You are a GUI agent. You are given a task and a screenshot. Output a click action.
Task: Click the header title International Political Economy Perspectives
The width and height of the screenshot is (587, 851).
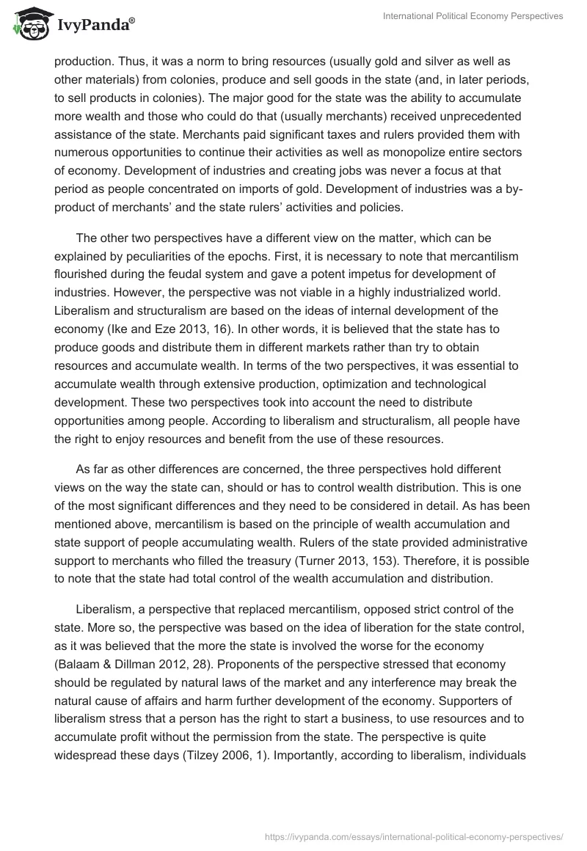473,17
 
